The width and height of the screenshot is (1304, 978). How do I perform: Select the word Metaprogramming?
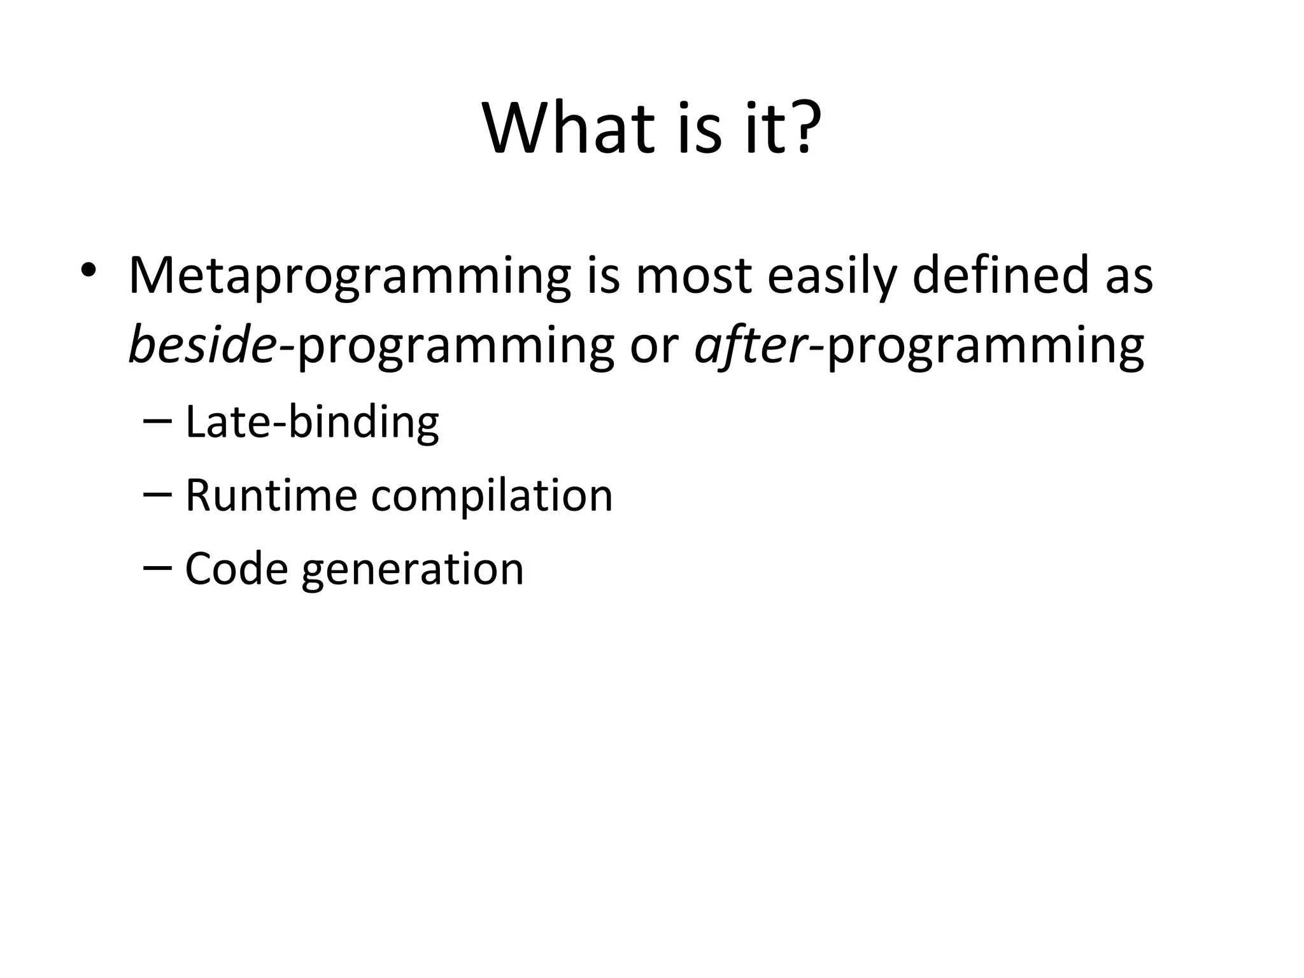pyautogui.click(x=350, y=276)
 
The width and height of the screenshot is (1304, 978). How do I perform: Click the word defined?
pyautogui.click(x=1001, y=275)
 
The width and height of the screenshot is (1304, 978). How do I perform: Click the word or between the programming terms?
pyautogui.click(x=654, y=347)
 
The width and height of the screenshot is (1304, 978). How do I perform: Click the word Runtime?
pyautogui.click(x=270, y=495)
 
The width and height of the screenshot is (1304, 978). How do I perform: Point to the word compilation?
pyautogui.click(x=491, y=495)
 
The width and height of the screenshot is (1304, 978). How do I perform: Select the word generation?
pyautogui.click(x=412, y=569)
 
